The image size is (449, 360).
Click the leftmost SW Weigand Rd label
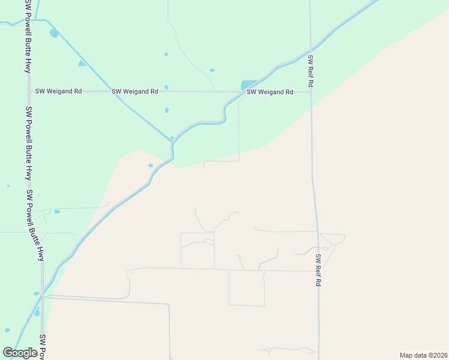click(58, 91)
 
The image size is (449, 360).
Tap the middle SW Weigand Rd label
click(134, 91)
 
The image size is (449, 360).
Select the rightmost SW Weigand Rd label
click(270, 92)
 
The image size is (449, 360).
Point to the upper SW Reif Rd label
click(310, 72)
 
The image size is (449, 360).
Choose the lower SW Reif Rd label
click(318, 269)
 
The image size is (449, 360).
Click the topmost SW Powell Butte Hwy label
click(28, 36)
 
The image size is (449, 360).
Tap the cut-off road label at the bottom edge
click(43, 347)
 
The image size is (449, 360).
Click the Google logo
click(20, 353)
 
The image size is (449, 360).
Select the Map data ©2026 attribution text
click(423, 355)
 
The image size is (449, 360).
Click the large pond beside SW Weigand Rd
click(248, 85)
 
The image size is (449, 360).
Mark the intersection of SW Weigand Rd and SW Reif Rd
click(310, 92)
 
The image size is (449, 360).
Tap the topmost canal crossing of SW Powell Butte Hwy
click(28, 20)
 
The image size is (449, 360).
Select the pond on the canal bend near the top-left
click(54, 34)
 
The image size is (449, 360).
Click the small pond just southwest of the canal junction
click(151, 166)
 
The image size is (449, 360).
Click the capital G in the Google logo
click(8, 353)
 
